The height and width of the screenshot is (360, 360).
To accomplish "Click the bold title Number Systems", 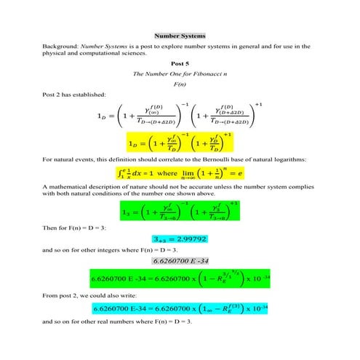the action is (180, 36).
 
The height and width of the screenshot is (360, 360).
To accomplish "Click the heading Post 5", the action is (180, 63).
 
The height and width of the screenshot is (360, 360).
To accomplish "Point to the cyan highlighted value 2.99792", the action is (180, 239).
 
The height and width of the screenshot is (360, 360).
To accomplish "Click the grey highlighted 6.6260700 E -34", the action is (180, 260).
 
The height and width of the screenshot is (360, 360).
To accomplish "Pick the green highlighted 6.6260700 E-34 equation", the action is (180, 279).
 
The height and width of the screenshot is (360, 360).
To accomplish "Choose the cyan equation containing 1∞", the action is (180, 310).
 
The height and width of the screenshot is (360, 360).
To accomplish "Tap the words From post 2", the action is (64, 296).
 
